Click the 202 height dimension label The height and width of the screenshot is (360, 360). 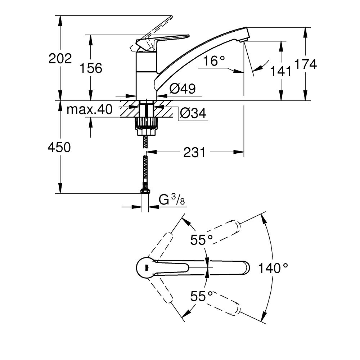point(60,58)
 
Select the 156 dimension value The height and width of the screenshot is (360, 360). point(90,68)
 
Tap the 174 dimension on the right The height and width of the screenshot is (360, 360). point(305,64)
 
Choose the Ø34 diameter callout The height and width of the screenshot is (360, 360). point(193,114)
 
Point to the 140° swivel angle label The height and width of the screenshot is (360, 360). point(274,268)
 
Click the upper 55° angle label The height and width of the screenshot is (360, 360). point(202,240)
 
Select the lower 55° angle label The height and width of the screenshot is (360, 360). point(202,296)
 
